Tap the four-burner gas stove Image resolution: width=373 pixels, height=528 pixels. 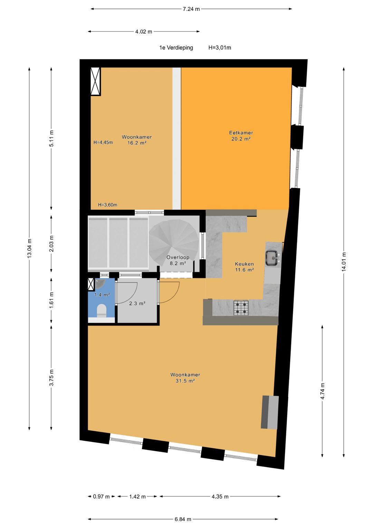(241, 308)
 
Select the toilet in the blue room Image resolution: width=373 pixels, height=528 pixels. (102, 311)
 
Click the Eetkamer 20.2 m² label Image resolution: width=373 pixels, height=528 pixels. (241, 136)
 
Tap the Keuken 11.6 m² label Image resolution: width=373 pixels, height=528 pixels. (245, 267)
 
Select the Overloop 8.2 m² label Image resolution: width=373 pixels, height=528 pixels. (178, 260)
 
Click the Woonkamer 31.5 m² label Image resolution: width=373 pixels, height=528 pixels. (185, 378)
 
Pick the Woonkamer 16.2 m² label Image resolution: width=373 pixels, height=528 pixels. (137, 140)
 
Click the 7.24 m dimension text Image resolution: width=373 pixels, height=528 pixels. (191, 9)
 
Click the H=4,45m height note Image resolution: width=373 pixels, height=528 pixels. (103, 142)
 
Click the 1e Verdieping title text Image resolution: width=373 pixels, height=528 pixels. (176, 48)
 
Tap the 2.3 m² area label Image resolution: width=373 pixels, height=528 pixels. (137, 303)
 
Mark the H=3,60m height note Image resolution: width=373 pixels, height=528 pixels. (108, 205)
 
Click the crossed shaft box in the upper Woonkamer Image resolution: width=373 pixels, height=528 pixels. (96, 81)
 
